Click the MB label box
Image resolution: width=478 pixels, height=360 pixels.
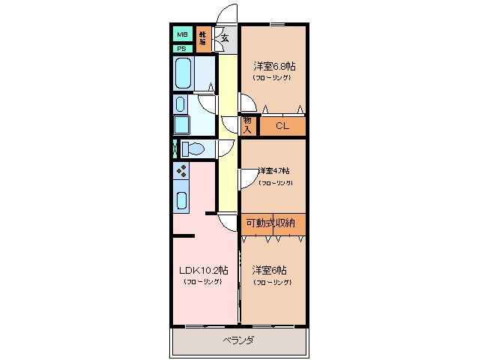(x=181, y=34)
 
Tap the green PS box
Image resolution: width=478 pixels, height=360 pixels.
(x=181, y=49)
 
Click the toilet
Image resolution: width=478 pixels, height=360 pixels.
(x=193, y=148)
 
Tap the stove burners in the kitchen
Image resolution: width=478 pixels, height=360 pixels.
(x=181, y=172)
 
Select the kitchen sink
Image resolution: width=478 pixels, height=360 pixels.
(x=181, y=199)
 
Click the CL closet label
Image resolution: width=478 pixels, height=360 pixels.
(x=282, y=126)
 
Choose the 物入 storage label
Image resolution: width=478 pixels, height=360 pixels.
(x=248, y=125)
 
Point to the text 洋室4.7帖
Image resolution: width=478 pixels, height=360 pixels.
(x=274, y=170)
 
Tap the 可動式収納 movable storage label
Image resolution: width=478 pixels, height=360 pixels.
(x=270, y=223)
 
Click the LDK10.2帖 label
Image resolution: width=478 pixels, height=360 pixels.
(x=202, y=270)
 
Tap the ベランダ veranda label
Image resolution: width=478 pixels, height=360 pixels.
(x=238, y=340)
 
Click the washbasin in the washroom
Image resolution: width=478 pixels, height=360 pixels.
(x=181, y=103)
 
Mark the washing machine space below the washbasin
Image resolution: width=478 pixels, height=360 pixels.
(x=182, y=124)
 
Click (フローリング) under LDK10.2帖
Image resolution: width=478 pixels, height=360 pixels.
(x=202, y=282)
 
